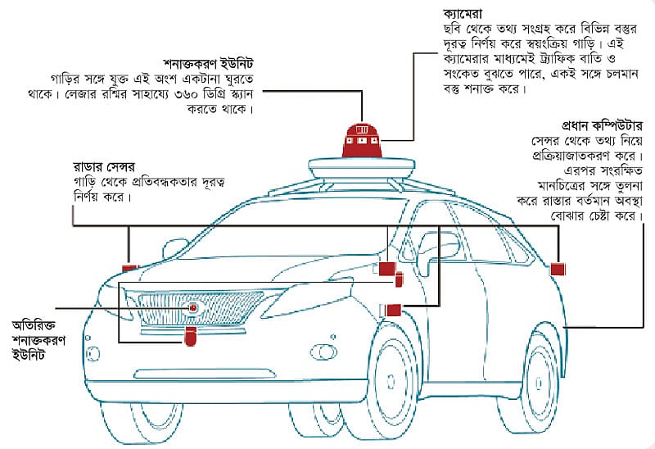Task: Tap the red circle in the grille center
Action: click(x=193, y=308)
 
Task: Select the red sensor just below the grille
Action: click(x=190, y=336)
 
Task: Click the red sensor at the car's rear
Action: click(x=558, y=269)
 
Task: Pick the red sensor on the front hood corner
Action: click(x=130, y=267)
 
